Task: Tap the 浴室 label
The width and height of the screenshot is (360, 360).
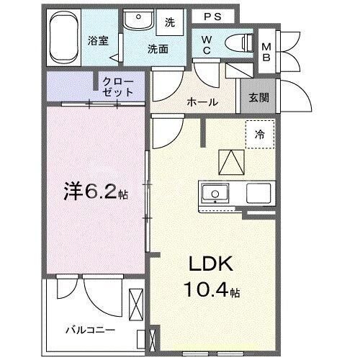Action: [x=99, y=41]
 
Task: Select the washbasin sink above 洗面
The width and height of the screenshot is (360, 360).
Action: [x=135, y=22]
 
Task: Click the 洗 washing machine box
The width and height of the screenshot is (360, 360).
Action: [x=170, y=22]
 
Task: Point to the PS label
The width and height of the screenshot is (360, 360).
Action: [x=211, y=16]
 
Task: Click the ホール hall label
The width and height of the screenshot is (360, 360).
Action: [x=202, y=102]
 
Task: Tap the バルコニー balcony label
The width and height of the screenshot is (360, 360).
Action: [x=86, y=330]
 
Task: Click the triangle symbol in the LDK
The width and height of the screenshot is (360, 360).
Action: [x=231, y=161]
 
